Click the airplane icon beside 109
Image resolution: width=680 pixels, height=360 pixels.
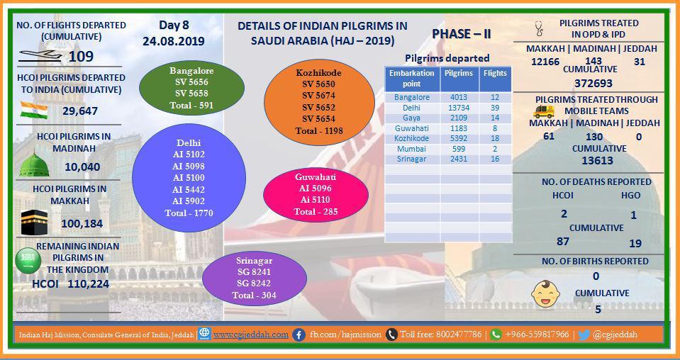point(40,56)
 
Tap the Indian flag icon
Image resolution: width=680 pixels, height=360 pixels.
point(34,110)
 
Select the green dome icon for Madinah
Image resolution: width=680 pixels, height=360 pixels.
point(34,164)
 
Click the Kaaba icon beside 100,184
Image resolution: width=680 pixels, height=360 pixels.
point(34,223)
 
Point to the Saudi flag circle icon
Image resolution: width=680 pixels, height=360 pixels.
point(28,261)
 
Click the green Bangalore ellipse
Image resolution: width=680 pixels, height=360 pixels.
point(191,88)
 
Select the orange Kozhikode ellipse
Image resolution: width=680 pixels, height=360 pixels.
point(319,102)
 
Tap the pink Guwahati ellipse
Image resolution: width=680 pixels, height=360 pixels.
point(316,194)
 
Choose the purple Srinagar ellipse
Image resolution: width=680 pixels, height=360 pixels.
point(255,279)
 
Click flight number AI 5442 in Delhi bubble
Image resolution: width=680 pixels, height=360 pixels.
point(189,189)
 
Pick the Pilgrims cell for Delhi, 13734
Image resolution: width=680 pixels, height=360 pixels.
point(458,108)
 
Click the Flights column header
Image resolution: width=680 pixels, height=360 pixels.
point(495,73)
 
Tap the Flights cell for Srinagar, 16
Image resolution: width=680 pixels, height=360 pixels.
point(495,159)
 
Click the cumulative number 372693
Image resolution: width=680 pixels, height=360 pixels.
point(593,83)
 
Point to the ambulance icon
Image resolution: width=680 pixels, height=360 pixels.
point(544,112)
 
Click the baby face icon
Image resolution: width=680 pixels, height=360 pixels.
point(545,293)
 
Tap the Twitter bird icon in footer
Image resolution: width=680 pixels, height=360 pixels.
point(584,335)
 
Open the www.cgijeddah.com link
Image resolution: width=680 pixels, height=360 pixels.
point(251,334)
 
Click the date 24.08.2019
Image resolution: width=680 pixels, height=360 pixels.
point(174,42)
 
